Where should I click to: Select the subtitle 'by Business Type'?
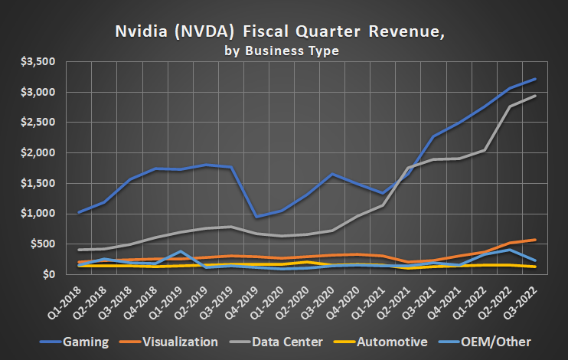coord(282,51)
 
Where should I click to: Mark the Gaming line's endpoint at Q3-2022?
coord(534,79)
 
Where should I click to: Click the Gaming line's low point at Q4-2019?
coord(256,217)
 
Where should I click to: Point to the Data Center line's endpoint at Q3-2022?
coord(534,96)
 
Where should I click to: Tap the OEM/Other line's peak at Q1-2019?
coord(179,251)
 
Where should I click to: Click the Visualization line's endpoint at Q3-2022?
coord(534,240)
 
